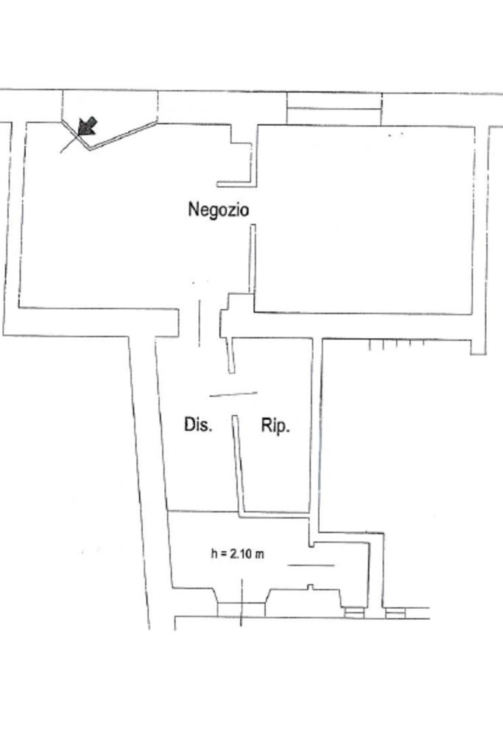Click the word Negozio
[219, 210]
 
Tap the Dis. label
[197, 424]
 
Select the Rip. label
[275, 426]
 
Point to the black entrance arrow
[86, 126]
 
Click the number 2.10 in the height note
[240, 554]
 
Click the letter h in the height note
[214, 554]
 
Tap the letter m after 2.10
[259, 554]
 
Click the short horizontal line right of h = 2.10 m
[310, 565]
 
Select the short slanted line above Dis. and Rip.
[233, 394]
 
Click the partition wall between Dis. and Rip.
[237, 463]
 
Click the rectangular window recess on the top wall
[334, 108]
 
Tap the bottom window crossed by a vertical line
[241, 608]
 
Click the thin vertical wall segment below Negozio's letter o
[253, 257]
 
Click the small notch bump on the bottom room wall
[310, 587]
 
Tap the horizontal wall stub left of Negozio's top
[235, 185]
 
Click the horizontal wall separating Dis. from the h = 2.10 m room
[203, 511]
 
